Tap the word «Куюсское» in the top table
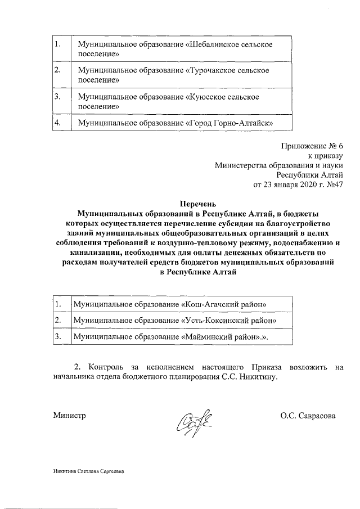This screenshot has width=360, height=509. point(202,97)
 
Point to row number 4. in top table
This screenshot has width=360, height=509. point(57,123)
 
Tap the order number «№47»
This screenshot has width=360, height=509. point(332,184)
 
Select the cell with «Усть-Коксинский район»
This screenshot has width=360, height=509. point(174,320)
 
